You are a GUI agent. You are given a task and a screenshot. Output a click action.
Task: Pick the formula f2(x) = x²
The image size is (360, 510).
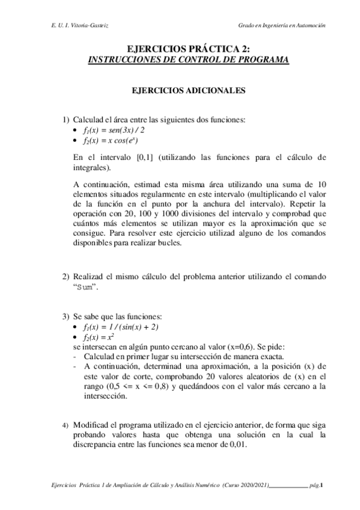coord(99,338)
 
